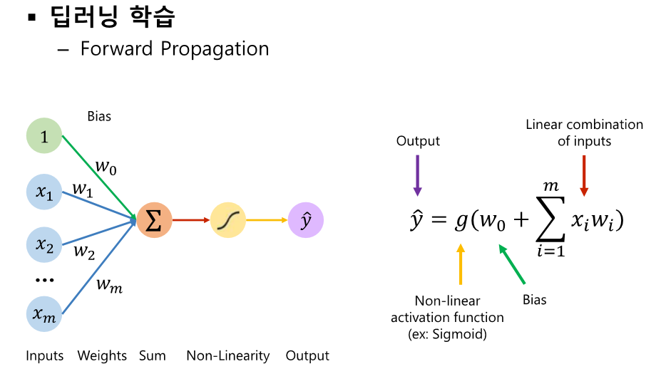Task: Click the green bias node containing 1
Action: [x=44, y=137]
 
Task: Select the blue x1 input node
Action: [x=44, y=191]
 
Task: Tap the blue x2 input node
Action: [x=44, y=245]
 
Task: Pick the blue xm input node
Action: [x=44, y=313]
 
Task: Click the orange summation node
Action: [x=154, y=220]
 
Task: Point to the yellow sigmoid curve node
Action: [x=228, y=220]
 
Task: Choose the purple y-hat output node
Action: [x=306, y=220]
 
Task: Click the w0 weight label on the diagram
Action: [x=106, y=167]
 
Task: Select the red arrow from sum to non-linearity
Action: [x=190, y=220]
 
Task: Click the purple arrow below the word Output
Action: [x=417, y=175]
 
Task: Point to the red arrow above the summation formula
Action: [x=584, y=175]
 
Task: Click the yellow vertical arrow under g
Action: [x=461, y=264]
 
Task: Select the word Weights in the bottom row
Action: [x=102, y=355]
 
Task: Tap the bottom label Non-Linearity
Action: [x=228, y=355]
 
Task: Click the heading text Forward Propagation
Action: [x=175, y=49]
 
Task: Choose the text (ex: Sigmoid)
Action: [x=447, y=334]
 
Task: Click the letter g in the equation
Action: [x=460, y=222]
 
